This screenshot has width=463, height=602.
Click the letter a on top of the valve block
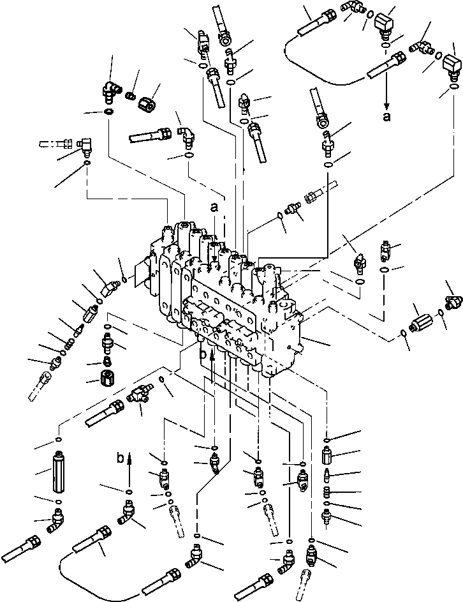point(214,207)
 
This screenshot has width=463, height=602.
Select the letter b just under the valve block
point(202,352)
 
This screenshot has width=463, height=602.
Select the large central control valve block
point(236,294)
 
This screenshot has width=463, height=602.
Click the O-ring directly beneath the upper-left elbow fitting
point(110,112)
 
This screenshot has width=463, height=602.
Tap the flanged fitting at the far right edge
point(454,299)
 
